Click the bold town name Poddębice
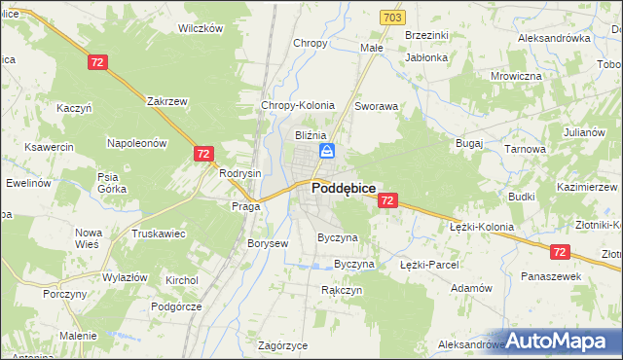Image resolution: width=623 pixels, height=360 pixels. pyautogui.click(x=344, y=190)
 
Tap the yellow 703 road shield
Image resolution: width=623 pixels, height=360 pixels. pyautogui.click(x=392, y=18)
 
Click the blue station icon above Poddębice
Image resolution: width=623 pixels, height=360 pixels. pyautogui.click(x=328, y=150)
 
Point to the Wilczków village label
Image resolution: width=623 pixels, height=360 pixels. pyautogui.click(x=201, y=28)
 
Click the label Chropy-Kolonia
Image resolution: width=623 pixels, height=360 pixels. pyautogui.click(x=298, y=105)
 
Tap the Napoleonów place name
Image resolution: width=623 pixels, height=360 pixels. pyautogui.click(x=137, y=142)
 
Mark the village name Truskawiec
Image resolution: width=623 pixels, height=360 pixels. pyautogui.click(x=161, y=234)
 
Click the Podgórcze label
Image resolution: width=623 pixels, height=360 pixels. pyautogui.click(x=175, y=306)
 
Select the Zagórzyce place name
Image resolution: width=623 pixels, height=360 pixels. pyautogui.click(x=283, y=345)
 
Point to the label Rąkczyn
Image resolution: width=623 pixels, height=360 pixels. pyautogui.click(x=342, y=290)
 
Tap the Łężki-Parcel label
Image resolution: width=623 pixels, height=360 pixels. pyautogui.click(x=429, y=264)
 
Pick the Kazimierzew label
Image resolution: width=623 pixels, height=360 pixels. pyautogui.click(x=587, y=186)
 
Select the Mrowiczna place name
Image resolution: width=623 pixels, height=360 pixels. pyautogui.click(x=516, y=76)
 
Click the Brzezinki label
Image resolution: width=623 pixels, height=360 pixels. pyautogui.click(x=426, y=35)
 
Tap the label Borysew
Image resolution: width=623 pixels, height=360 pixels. pyautogui.click(x=268, y=243)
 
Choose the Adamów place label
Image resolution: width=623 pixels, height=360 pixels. pyautogui.click(x=472, y=288)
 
